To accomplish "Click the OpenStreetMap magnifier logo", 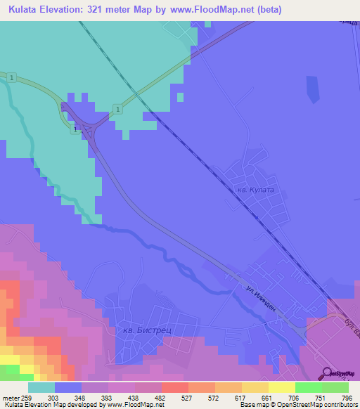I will tap(327, 374).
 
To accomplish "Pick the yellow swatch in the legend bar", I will tap(281, 387).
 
